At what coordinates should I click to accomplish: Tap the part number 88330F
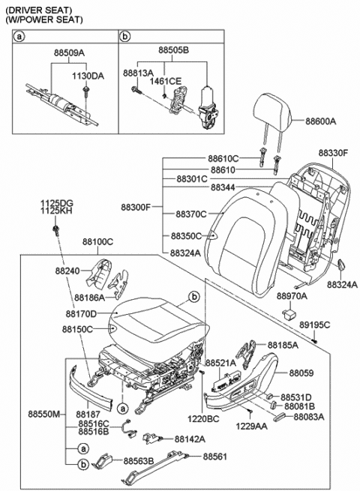333,154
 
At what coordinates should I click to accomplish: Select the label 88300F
136,208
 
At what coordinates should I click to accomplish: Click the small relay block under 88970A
289,313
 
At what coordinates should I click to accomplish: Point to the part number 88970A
292,296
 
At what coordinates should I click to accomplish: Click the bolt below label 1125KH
56,231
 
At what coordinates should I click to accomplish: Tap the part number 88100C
97,242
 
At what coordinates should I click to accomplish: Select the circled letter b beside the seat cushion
194,296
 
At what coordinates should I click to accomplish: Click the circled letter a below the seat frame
122,409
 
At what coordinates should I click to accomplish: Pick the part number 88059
301,373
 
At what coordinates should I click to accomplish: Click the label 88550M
43,415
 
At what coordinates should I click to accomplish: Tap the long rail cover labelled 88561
154,467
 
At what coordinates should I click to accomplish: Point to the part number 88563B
139,461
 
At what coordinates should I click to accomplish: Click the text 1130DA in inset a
88,76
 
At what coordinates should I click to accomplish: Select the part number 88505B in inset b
173,50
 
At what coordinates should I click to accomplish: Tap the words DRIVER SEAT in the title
39,10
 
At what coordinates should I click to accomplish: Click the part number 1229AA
251,427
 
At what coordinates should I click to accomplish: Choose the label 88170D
81,313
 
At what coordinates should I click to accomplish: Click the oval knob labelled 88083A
280,418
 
